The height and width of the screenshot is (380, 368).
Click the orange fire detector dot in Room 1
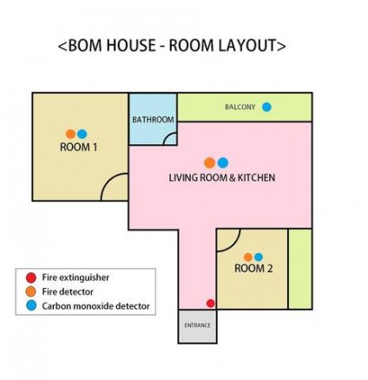coord(70,134)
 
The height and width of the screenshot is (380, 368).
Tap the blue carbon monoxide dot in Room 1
coord(82,134)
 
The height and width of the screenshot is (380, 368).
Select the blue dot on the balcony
coord(266,107)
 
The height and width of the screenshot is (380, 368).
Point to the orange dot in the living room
coord(209,163)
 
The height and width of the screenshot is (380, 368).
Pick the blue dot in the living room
coord(223,163)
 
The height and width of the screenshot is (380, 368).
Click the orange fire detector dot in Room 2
coord(248,257)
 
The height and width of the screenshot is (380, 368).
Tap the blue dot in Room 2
coord(259,257)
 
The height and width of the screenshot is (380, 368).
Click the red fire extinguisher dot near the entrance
coord(211,304)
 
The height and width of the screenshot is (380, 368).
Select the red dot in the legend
coord(31,278)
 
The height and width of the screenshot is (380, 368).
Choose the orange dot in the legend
coord(31,292)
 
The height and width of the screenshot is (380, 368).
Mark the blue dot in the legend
coord(31,305)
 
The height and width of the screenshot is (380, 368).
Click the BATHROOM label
coord(153,120)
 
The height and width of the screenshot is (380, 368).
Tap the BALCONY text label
coord(240,107)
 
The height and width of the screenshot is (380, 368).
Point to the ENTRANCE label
coord(198,325)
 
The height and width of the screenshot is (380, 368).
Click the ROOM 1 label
coord(78,147)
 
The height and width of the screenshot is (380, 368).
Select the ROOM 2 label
coord(253,268)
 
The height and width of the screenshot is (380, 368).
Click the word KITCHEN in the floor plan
coord(256,178)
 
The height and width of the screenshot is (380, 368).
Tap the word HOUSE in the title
coord(131,45)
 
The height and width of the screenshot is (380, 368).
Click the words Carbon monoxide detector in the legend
coord(96,306)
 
